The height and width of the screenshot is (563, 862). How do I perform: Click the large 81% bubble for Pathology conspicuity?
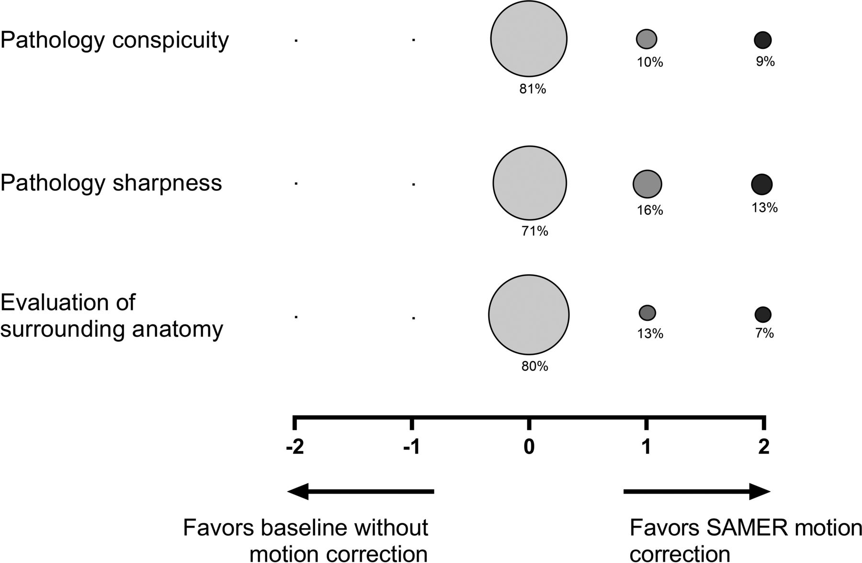coord(529,39)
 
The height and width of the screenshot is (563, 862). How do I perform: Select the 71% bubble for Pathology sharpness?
coord(530,183)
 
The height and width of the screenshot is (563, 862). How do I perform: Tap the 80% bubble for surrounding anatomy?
coord(529,315)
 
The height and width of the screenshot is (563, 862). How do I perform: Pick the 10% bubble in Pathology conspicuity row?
coord(646,39)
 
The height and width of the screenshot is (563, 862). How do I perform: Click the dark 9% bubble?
coord(763,40)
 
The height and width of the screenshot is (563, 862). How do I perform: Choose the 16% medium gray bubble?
coord(647,184)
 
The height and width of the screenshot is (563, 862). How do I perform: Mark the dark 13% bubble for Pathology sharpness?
coord(762,184)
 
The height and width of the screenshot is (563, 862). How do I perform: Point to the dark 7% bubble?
coord(763,315)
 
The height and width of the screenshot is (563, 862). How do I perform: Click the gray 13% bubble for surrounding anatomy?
coord(647,313)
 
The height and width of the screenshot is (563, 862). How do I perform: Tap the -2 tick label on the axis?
coord(295,447)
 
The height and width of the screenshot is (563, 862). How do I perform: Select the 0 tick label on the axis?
coord(529,447)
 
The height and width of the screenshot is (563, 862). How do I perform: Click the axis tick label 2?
coord(764,447)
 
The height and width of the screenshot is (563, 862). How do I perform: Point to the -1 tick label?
coord(411,447)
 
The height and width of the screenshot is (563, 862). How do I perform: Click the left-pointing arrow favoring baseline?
coord(360,491)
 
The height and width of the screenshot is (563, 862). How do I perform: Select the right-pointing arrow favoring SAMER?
coord(697,491)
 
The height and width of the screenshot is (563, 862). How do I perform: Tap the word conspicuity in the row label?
coord(170,40)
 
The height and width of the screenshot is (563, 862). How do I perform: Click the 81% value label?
coord(533,89)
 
